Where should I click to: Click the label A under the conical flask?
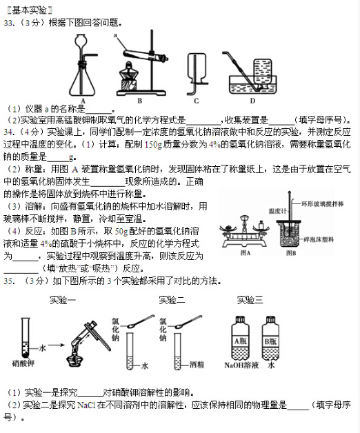[x=83, y=99]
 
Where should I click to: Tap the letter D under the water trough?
[x=252, y=99]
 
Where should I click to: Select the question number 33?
[x=9, y=23]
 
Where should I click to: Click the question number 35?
[x=9, y=281]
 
